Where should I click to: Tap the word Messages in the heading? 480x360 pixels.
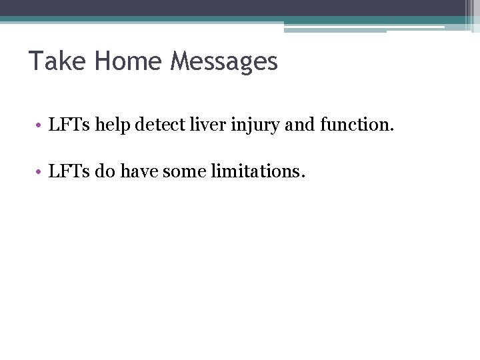coord(224,61)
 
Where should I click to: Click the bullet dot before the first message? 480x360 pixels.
coord(41,125)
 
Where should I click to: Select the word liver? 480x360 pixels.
coord(198,124)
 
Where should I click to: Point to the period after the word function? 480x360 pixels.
coord(392,129)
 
